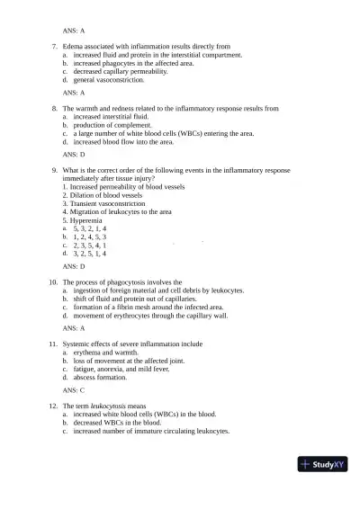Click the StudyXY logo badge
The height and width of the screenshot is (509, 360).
[x=325, y=466]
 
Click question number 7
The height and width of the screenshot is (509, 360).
[x=56, y=45]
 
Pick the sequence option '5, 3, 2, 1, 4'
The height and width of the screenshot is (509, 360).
[x=90, y=228]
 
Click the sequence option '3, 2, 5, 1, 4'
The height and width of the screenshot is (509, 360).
[x=90, y=254]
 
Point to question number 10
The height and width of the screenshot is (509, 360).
[x=54, y=281]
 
